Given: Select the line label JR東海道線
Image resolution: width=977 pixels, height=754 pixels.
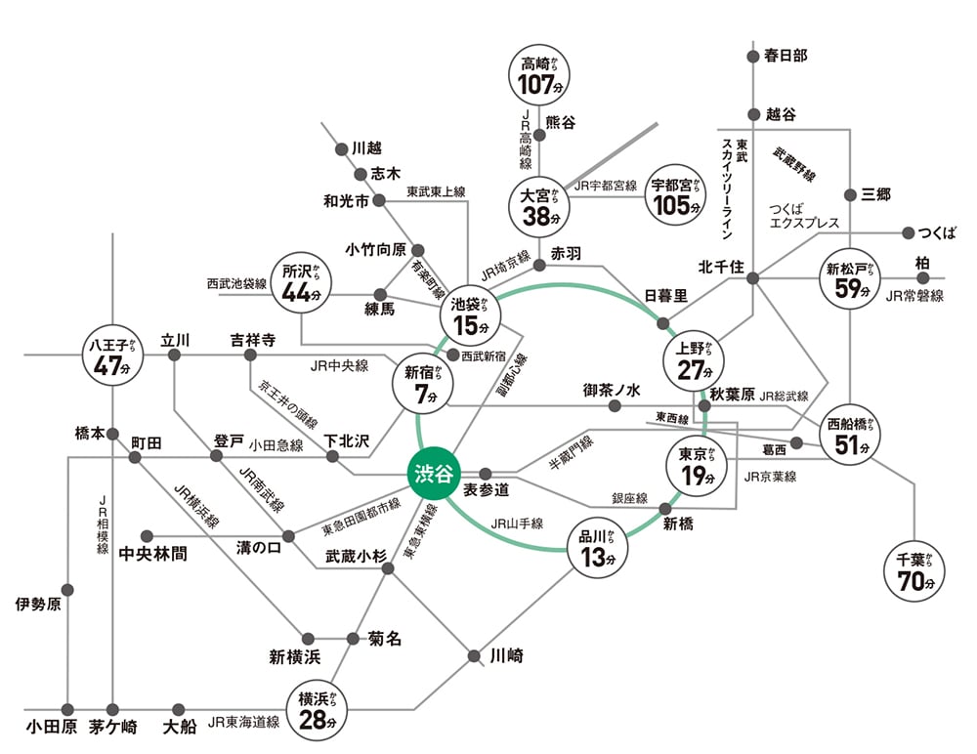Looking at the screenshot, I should point(243,724).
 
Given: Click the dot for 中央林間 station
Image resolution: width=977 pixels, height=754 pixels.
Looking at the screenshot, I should point(147,535).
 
